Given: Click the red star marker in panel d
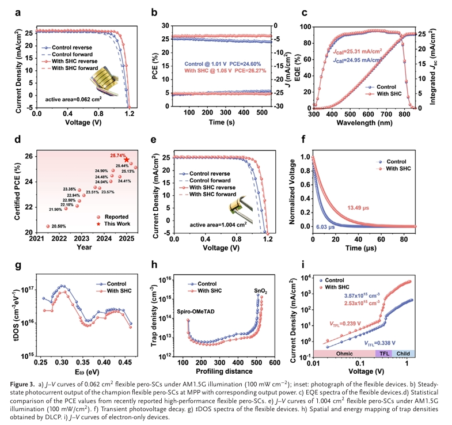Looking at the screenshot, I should (127, 160).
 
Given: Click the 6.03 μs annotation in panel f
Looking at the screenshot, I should (325, 227).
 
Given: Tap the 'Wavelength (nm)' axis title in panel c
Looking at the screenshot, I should (361, 123).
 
